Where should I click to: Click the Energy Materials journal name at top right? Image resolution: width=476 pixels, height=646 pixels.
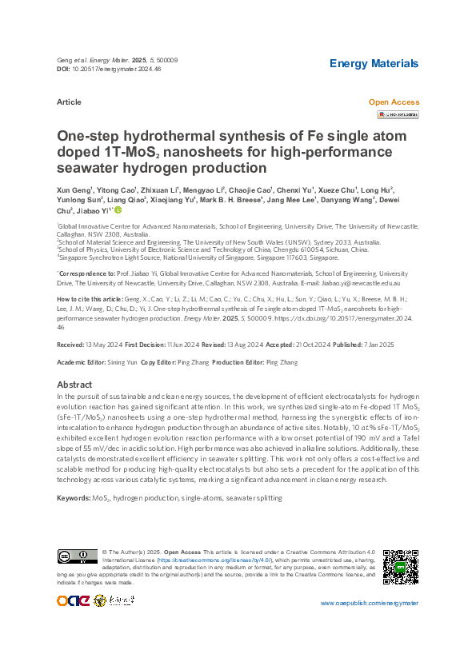pyautogui.click(x=374, y=63)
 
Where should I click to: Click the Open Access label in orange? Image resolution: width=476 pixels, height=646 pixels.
pyautogui.click(x=393, y=102)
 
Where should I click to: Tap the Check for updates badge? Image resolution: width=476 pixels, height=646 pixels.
pyautogui.click(x=397, y=115)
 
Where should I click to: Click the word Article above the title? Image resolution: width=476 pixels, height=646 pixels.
pyautogui.click(x=69, y=102)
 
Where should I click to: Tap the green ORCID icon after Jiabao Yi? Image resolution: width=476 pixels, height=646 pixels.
pyautogui.click(x=118, y=210)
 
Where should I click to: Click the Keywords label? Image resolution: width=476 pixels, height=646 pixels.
pyautogui.click(x=74, y=498)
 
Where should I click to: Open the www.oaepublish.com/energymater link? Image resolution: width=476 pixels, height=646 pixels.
pyautogui.click(x=369, y=602)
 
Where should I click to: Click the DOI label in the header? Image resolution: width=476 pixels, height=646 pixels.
pyautogui.click(x=65, y=70)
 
